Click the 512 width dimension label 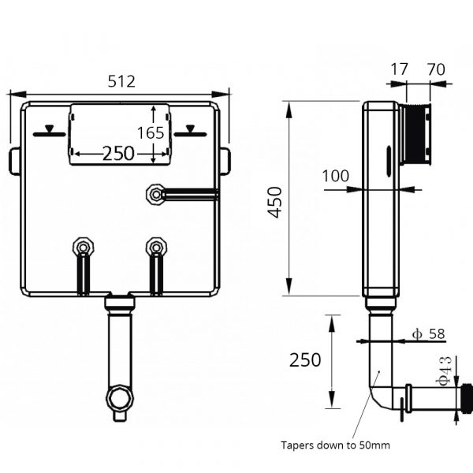(x=121, y=81)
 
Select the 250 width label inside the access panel (x=117, y=154)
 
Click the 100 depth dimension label (x=335, y=177)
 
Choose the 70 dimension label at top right (x=434, y=69)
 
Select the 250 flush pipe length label (x=305, y=360)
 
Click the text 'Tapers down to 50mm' (x=335, y=445)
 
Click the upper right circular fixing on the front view (x=156, y=192)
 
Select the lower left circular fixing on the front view (x=83, y=248)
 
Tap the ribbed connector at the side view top (x=416, y=134)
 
